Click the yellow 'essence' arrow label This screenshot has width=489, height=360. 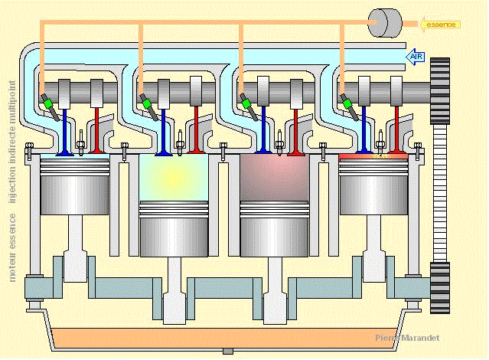[441, 24]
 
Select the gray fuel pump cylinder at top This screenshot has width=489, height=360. [385, 22]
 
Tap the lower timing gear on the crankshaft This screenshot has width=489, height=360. [441, 286]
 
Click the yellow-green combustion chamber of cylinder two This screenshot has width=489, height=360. [174, 176]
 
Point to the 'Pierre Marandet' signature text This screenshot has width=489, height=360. [407, 338]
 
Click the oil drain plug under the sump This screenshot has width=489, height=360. [227, 352]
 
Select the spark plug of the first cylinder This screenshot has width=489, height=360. [80, 142]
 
